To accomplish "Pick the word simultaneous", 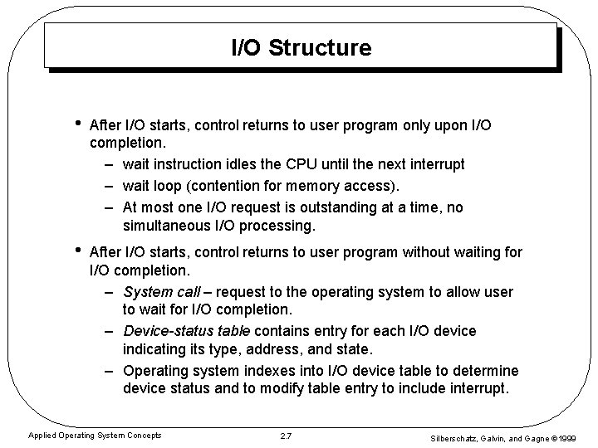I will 163,226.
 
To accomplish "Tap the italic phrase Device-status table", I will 184,332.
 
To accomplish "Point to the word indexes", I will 265,370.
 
